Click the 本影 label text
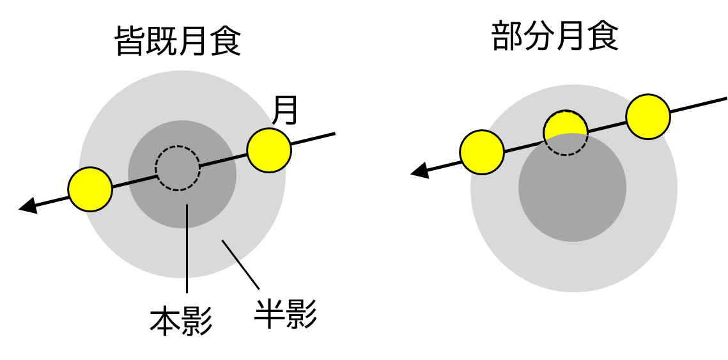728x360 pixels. pos(181,322)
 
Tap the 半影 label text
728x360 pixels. pos(286,315)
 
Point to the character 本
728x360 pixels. pos(164,322)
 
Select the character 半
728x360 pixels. pos(269,315)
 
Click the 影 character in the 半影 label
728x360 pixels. pos(302,315)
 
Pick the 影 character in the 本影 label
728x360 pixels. pos(197,322)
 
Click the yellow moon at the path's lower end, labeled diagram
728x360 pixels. pos(90,189)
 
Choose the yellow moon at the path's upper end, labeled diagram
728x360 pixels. pos(268,150)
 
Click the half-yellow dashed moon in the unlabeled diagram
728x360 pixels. pos(566,133)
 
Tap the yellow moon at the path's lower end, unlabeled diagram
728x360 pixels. pos(482,152)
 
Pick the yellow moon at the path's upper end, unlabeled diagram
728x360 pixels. pos(647,117)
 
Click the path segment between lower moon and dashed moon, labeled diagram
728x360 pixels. pos(134,182)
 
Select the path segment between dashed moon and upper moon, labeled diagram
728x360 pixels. pos(223,160)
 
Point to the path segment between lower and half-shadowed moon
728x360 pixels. pos(523,146)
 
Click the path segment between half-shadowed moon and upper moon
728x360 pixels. pos(607,127)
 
